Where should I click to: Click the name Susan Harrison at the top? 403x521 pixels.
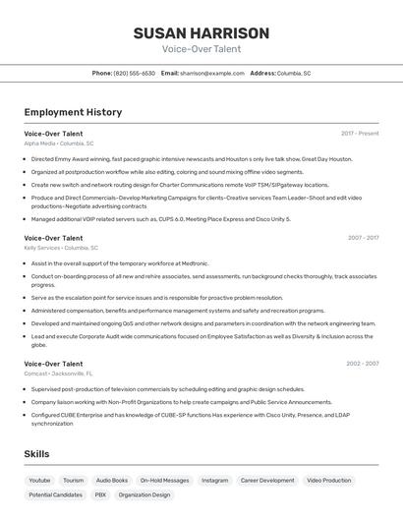(201, 33)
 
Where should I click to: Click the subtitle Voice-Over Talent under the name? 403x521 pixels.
(201, 49)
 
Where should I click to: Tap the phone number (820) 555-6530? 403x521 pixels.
(134, 74)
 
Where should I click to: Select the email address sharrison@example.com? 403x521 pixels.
(211, 74)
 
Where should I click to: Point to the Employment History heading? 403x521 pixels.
(73, 112)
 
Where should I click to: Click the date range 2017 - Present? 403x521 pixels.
(360, 133)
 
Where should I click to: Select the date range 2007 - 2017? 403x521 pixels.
(363, 238)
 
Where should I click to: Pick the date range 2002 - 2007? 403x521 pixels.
(363, 364)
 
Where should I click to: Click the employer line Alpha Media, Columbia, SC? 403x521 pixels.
(59, 144)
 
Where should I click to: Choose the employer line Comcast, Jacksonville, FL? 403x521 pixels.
(59, 375)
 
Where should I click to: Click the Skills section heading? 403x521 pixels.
(36, 453)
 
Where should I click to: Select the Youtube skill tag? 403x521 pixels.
(39, 481)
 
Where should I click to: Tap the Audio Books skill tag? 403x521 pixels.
(112, 481)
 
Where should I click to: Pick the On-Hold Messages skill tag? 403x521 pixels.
(164, 481)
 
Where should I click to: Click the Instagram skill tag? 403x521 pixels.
(214, 481)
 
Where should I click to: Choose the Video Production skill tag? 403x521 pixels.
(328, 481)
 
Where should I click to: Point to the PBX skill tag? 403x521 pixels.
(100, 495)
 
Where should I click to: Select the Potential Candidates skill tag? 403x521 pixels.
(55, 495)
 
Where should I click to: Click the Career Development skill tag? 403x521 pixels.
(267, 481)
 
